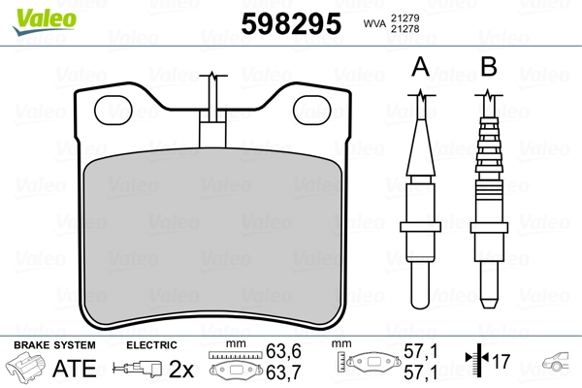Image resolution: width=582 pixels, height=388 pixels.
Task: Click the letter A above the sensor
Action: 420,67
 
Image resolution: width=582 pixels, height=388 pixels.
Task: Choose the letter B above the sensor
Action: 489,67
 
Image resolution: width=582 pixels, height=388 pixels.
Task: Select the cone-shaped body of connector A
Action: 420,145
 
